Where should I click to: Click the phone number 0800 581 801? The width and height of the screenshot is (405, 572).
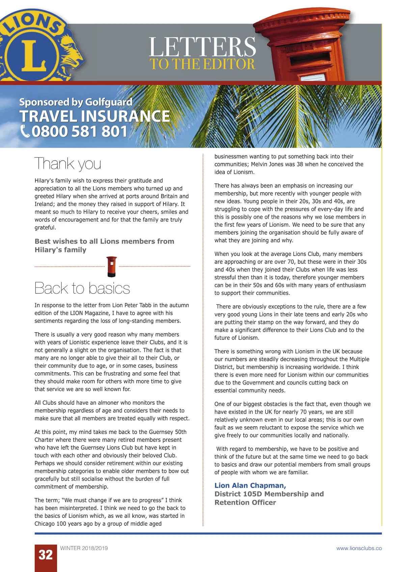point(80,131)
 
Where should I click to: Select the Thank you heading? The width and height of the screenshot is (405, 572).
point(68,164)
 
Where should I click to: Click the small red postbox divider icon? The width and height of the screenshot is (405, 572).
point(112,266)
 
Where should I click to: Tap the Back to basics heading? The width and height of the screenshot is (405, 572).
point(82,288)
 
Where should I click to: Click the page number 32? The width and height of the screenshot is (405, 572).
point(46,555)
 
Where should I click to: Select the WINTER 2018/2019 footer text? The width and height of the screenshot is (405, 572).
point(84,548)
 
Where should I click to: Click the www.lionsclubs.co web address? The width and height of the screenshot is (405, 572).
point(359,548)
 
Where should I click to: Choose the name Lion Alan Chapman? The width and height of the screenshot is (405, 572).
point(250,485)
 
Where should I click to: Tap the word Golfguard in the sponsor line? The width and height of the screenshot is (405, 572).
point(109,102)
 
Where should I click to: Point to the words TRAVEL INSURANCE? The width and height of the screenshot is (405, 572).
point(95,116)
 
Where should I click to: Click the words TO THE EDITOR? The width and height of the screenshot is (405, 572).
point(202,64)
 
